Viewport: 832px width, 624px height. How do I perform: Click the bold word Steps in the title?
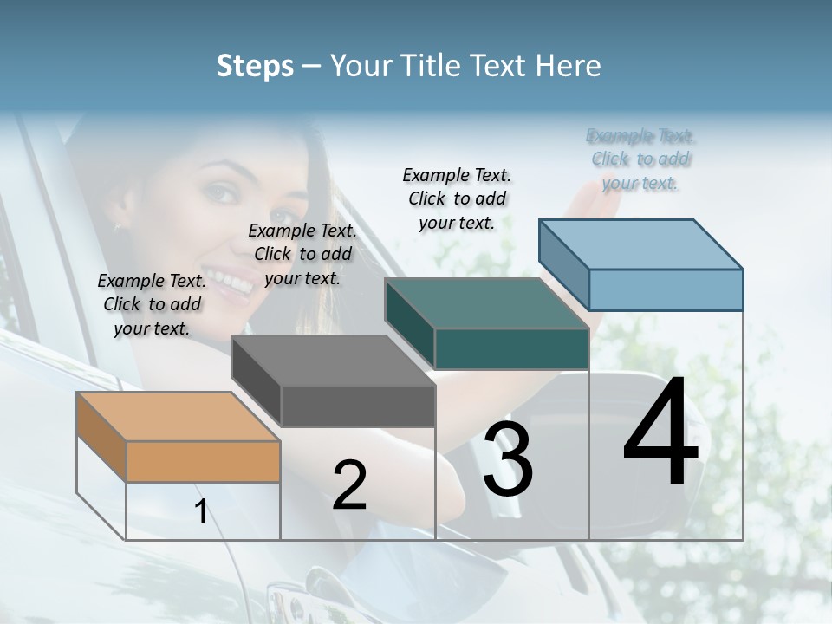[x=255, y=66]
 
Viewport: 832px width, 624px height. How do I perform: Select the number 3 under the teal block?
[x=508, y=459]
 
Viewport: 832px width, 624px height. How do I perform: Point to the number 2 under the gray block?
[x=349, y=485]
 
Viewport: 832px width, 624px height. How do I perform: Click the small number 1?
[x=200, y=512]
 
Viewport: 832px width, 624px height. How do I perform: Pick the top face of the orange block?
[x=178, y=417]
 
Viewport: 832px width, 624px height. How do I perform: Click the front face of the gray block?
[x=358, y=406]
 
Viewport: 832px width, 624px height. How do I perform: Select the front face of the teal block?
[x=511, y=349]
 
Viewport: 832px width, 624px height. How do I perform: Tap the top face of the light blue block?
[x=641, y=244]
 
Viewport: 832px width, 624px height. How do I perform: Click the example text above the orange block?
[x=152, y=304]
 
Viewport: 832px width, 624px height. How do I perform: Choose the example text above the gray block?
[x=302, y=254]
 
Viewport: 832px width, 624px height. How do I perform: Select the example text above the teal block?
[x=457, y=198]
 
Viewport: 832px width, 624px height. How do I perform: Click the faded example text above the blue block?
[x=640, y=159]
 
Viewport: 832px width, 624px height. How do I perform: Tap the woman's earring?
[x=118, y=228]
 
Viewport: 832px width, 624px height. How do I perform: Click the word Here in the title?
[x=571, y=66]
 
